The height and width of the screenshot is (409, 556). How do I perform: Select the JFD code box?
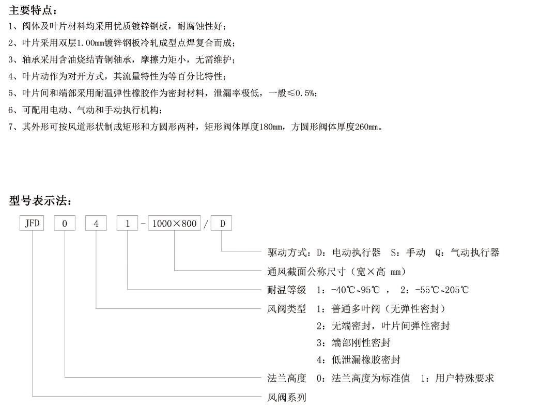pos(32,224)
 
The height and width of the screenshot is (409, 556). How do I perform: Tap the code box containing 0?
pos(65,224)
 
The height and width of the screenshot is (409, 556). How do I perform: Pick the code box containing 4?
pos(96,224)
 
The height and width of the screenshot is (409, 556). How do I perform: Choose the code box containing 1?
pos(128,224)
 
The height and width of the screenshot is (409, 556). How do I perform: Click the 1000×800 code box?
pos(174,224)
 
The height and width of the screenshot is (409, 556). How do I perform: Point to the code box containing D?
pos(222,224)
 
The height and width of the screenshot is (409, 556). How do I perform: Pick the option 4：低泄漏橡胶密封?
pos(358,359)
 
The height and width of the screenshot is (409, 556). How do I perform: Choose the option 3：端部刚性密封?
pos(353,342)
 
